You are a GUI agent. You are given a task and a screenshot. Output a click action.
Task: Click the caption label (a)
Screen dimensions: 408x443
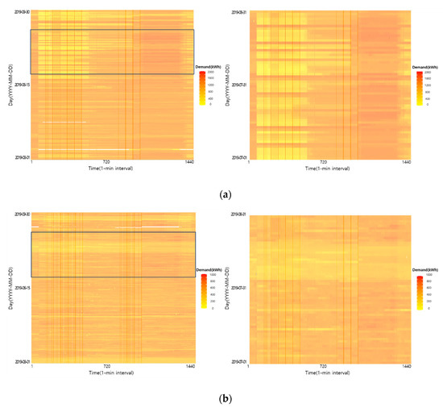(221, 194)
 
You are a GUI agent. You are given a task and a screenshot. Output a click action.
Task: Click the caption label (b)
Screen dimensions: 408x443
(221, 398)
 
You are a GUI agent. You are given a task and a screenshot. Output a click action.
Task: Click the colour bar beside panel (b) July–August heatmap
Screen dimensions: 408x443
(420, 292)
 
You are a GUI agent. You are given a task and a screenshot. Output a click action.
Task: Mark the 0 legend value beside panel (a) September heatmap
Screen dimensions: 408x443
(212, 104)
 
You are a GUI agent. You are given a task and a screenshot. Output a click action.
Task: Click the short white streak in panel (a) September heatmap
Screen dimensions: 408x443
(63, 122)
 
